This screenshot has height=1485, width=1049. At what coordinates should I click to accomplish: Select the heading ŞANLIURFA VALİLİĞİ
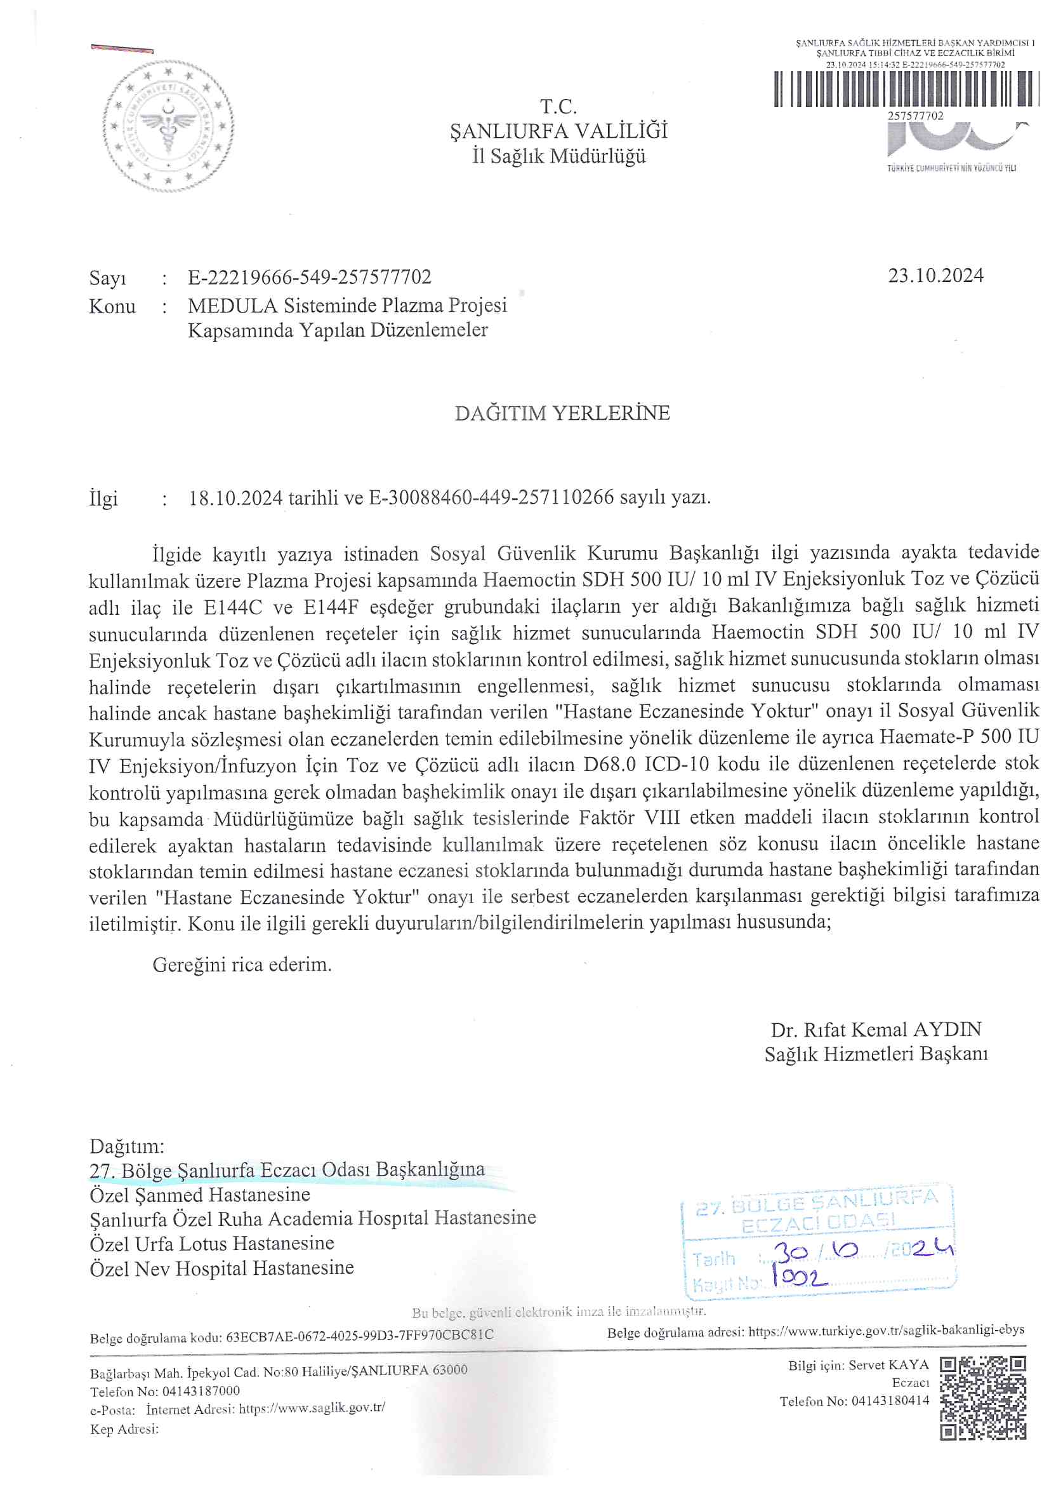[558, 131]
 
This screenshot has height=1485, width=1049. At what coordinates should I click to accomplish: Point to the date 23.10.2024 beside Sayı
[935, 276]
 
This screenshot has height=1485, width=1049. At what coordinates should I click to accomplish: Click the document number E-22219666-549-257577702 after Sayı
[310, 278]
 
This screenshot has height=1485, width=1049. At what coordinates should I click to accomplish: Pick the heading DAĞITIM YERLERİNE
[562, 413]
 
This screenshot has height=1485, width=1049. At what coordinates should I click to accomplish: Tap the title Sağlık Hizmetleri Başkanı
[876, 1055]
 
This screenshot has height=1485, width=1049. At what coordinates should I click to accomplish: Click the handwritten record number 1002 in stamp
[800, 1277]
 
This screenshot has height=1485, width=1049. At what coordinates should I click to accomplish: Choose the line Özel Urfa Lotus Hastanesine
[212, 1243]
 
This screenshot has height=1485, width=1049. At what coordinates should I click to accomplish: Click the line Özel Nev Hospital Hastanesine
[221, 1268]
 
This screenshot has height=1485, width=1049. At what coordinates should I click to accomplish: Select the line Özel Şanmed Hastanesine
[200, 1194]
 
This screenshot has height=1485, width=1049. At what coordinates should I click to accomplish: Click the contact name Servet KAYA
[888, 1366]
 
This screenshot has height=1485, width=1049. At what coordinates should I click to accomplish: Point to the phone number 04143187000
[201, 1390]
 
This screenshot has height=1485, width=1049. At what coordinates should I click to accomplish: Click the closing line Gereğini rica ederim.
[242, 965]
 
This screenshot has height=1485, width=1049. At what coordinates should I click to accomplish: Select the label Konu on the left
[112, 307]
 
